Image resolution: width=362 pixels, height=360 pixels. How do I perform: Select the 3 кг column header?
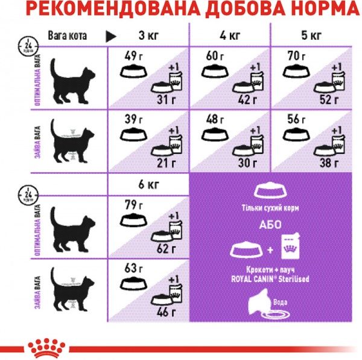(x=147, y=36)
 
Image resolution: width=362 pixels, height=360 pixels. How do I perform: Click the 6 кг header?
(x=147, y=184)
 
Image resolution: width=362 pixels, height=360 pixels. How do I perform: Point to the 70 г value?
(x=294, y=57)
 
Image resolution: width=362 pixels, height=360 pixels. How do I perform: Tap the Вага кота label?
(x=68, y=36)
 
